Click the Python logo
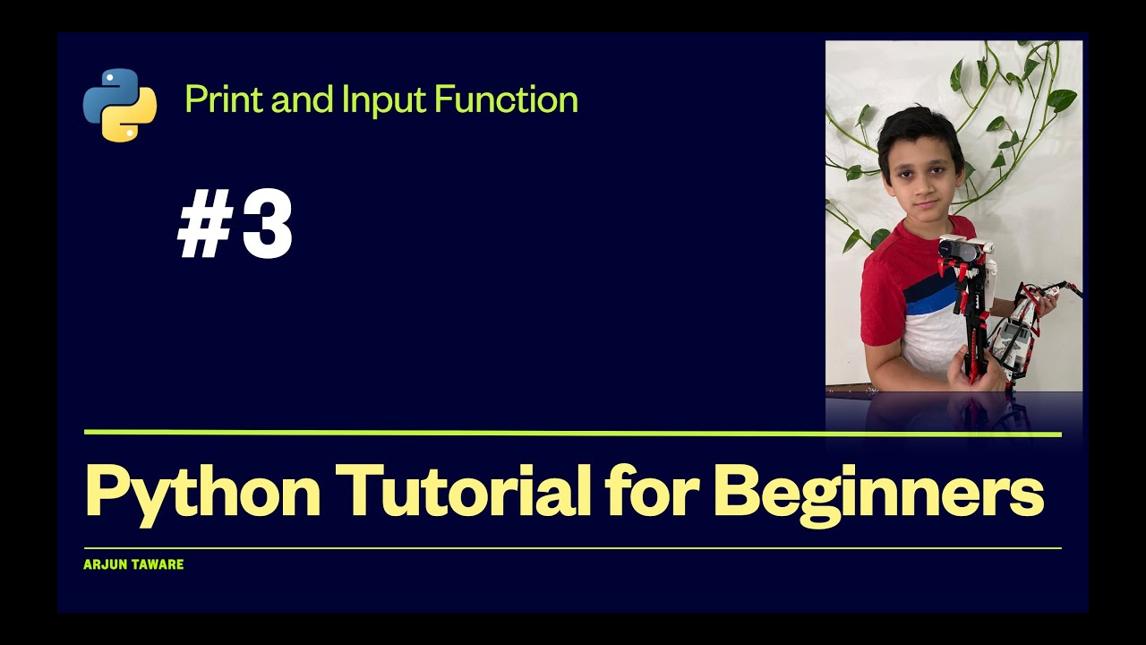[120, 105]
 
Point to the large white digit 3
[268, 228]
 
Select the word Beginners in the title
[879, 494]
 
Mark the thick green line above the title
[573, 434]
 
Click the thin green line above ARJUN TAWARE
[573, 547]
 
